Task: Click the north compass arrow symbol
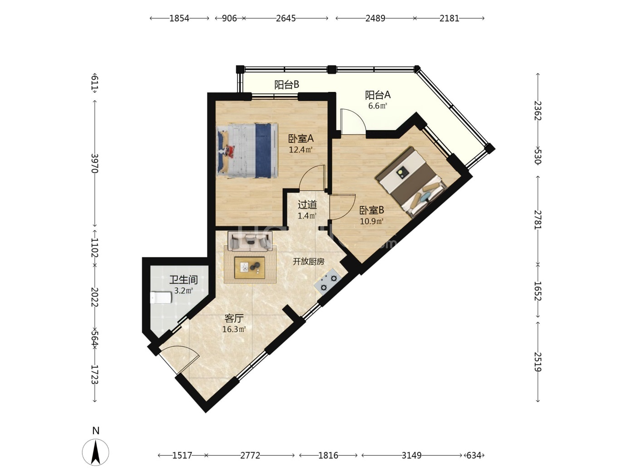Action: [95, 452]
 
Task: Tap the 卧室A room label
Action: [301, 139]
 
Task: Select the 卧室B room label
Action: [371, 210]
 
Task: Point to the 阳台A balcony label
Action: [377, 95]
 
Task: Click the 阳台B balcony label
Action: [286, 85]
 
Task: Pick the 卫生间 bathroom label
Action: [183, 279]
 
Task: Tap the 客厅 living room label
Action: [234, 318]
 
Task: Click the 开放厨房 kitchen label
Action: [308, 262]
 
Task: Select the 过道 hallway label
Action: [307, 204]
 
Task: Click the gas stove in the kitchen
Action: [328, 282]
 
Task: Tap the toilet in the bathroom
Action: [161, 298]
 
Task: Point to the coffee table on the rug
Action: [249, 268]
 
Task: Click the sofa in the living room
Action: [249, 240]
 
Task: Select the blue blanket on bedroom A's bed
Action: [263, 151]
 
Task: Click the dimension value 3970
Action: [95, 163]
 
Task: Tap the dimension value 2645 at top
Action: [286, 18]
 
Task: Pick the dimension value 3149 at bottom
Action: [411, 456]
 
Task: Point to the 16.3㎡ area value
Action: [234, 329]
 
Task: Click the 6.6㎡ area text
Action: [377, 106]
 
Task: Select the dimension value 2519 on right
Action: [538, 362]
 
